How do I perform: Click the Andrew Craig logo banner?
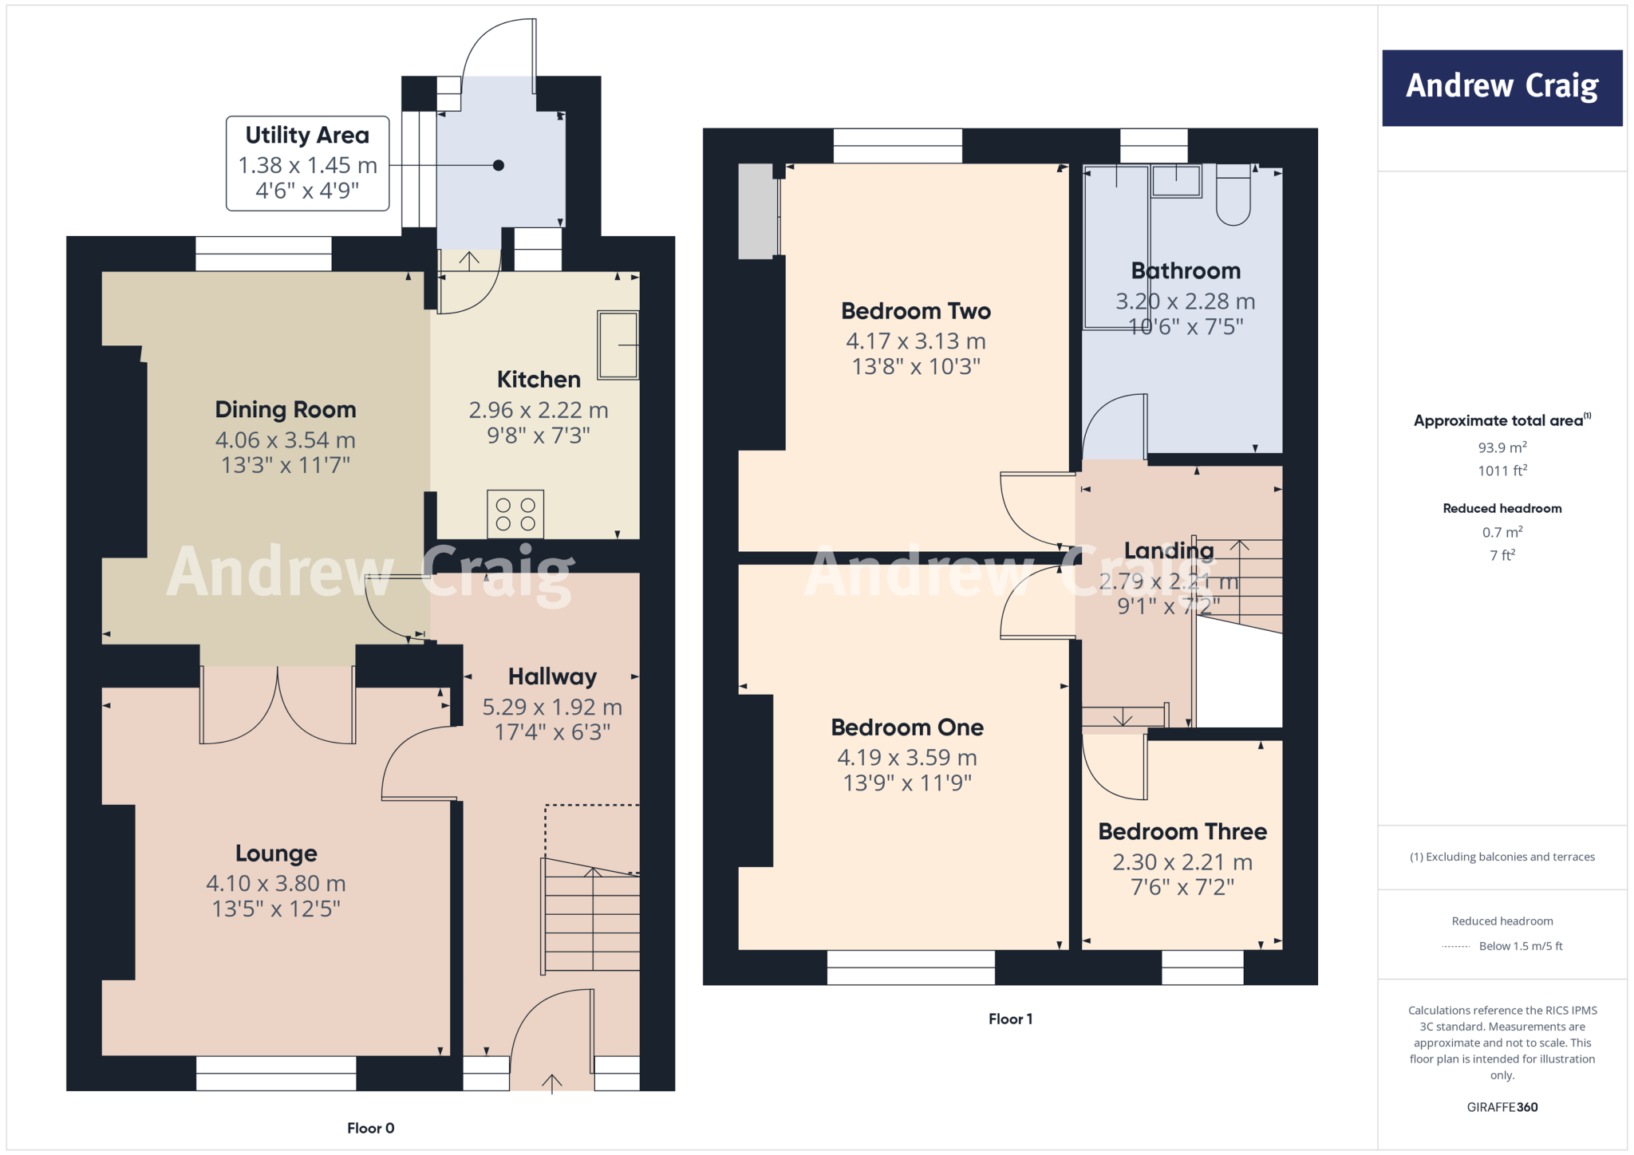[1502, 87]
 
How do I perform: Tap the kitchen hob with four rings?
[515, 514]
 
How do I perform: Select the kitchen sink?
[618, 345]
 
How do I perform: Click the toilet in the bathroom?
[1233, 196]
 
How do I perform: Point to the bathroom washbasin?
[1176, 181]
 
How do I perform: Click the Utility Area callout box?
[307, 163]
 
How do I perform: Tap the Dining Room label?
[285, 409]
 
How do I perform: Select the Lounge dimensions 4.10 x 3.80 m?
[276, 883]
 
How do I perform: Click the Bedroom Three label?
[1182, 831]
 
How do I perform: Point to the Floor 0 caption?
[370, 1128]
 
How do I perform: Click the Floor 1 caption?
[1010, 1019]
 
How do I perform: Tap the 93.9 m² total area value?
[1502, 447]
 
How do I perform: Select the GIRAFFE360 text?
[1502, 1107]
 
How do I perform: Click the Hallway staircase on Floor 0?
[591, 917]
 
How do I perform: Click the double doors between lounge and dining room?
[277, 706]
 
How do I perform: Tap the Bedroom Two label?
[916, 311]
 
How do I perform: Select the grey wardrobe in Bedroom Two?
[757, 211]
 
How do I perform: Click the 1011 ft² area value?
[1502, 471]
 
